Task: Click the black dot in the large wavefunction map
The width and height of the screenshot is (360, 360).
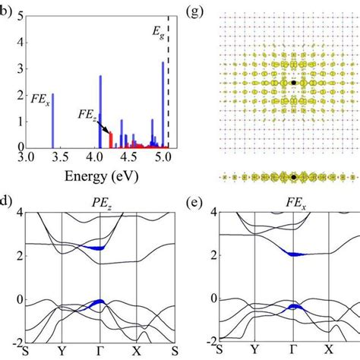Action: coord(293,82)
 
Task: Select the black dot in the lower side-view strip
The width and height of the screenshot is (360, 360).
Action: coord(293,177)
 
